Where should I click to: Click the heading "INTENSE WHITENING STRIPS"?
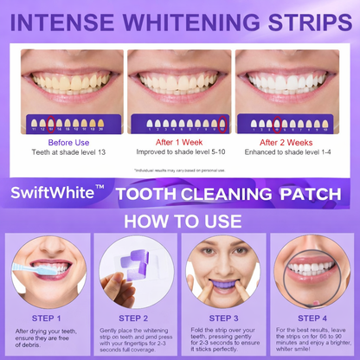point(180,20)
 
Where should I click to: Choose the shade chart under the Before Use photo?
point(73,125)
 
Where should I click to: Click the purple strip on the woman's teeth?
point(223,279)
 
